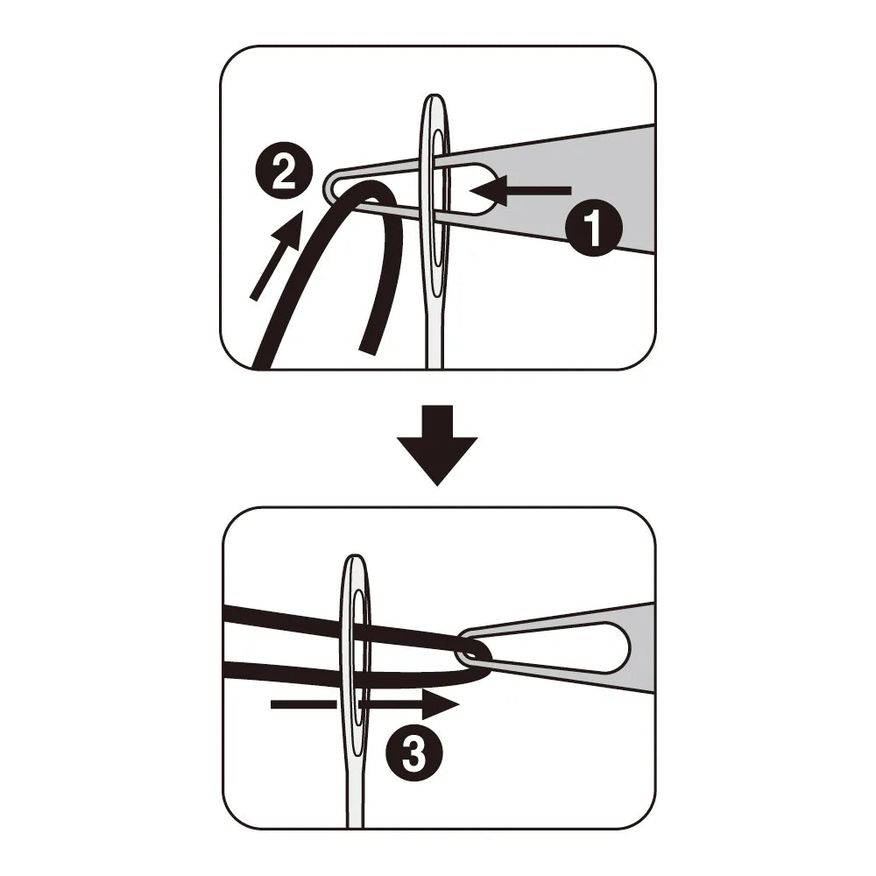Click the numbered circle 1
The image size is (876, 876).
pyautogui.click(x=593, y=228)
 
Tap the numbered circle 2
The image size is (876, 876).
pyautogui.click(x=284, y=173)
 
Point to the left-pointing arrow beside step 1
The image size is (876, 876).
pyautogui.click(x=520, y=190)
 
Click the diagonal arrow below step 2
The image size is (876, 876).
pyautogui.click(x=277, y=255)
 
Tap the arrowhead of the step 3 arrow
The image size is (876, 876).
pyautogui.click(x=441, y=704)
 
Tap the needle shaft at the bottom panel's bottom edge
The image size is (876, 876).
pyautogui.click(x=354, y=822)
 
